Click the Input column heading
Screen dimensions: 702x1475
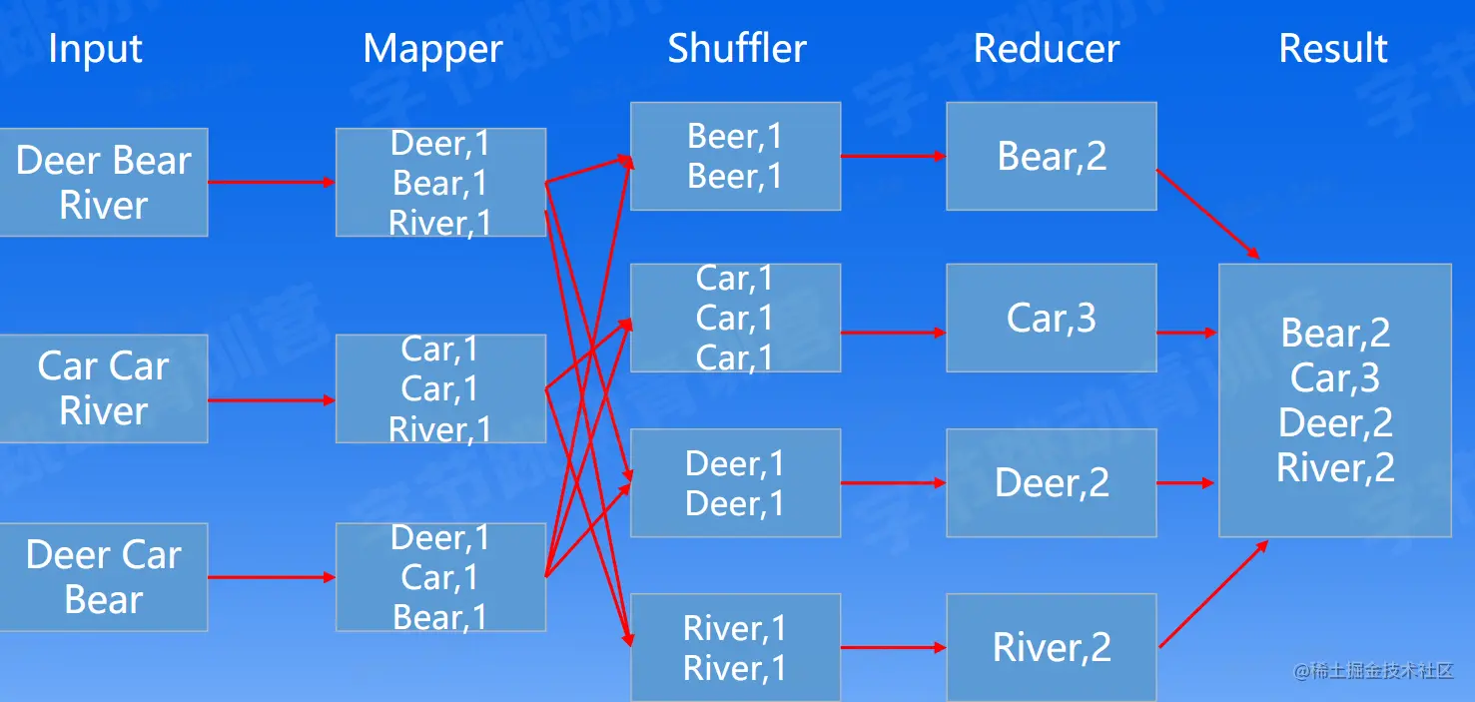pyautogui.click(x=95, y=49)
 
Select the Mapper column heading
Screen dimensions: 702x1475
pyautogui.click(x=432, y=49)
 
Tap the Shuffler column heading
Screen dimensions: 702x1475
pyautogui.click(x=737, y=49)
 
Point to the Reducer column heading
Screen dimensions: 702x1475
pyautogui.click(x=1047, y=49)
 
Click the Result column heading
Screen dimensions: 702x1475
pyautogui.click(x=1333, y=49)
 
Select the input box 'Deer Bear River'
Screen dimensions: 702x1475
pyautogui.click(x=103, y=182)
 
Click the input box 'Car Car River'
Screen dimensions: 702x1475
pyautogui.click(x=103, y=388)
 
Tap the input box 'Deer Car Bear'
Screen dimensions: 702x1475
pyautogui.click(x=103, y=576)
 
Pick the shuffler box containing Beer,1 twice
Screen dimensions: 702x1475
pyautogui.click(x=735, y=156)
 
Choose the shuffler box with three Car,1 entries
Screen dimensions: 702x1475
pyautogui.click(x=735, y=318)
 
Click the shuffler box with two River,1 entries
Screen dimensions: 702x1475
pyautogui.click(x=735, y=647)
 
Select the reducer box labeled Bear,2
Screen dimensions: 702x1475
pyautogui.click(x=1052, y=156)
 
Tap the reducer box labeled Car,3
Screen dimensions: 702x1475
pyautogui.click(x=1052, y=318)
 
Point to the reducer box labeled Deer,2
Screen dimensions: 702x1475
pyautogui.click(x=1052, y=483)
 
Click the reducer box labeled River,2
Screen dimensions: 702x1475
pyautogui.click(x=1052, y=647)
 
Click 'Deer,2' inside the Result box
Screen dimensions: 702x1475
pyautogui.click(x=1335, y=423)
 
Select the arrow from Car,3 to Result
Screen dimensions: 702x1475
pyautogui.click(x=1186, y=333)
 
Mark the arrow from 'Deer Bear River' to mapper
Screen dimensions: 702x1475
pyautogui.click(x=271, y=182)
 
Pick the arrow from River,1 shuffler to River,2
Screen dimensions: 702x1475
pyautogui.click(x=893, y=648)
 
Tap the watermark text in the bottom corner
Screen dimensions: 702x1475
pyautogui.click(x=1373, y=671)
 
